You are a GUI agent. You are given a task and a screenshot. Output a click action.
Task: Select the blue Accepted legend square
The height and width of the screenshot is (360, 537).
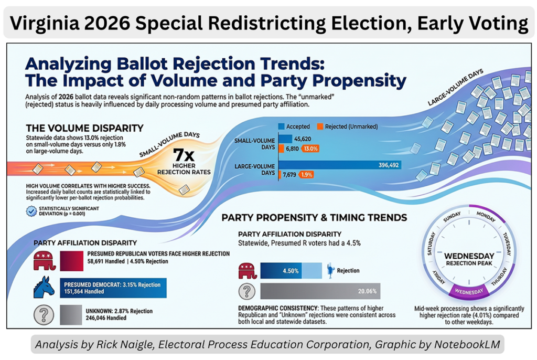coord(281,126)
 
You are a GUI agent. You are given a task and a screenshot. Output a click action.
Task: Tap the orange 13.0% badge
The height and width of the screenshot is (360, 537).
coord(310,149)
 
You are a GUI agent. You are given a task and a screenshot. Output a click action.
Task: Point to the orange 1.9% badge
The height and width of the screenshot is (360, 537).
coord(306,174)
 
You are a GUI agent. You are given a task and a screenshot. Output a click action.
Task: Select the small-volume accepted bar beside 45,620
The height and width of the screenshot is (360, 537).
coord(285,139)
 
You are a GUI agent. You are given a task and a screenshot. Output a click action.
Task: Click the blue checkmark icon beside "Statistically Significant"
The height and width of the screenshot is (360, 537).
coord(31,212)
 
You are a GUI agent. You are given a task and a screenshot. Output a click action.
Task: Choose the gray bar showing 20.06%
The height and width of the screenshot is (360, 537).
coord(320,291)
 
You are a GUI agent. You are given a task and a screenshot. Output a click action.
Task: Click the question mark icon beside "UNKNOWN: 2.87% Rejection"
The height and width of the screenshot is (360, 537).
coord(44,314)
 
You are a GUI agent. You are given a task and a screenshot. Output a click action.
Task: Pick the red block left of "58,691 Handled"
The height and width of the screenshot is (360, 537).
coord(79,260)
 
